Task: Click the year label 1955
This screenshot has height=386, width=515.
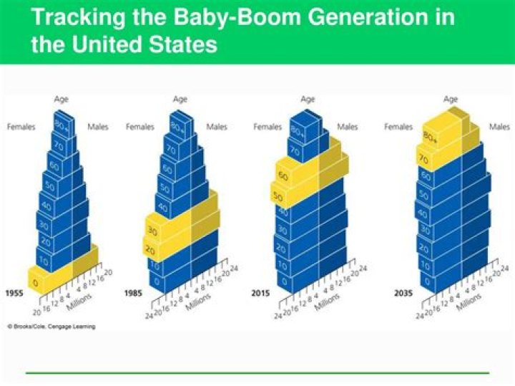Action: [x=15, y=294]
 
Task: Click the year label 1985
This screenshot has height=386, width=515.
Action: [x=134, y=294]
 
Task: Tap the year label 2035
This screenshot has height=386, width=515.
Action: [x=404, y=294]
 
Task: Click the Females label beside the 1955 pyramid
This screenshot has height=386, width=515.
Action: [x=21, y=127]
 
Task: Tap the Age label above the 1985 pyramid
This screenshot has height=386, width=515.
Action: [x=180, y=99]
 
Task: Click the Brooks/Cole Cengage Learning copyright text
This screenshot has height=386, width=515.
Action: [x=51, y=327]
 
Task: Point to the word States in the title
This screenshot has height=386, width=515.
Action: [x=180, y=45]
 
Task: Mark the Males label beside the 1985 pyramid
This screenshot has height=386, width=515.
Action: [x=217, y=127]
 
